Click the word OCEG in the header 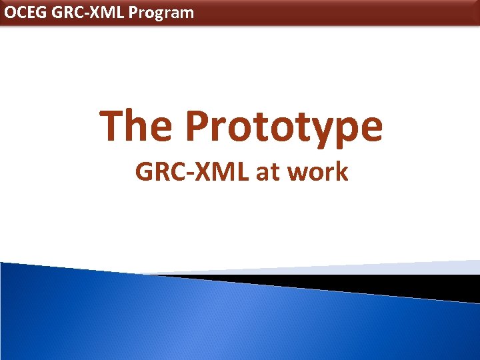point(24,12)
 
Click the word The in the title point(137,126)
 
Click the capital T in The point(113,126)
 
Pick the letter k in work point(341,172)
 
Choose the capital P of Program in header point(133,12)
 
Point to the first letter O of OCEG point(9,12)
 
